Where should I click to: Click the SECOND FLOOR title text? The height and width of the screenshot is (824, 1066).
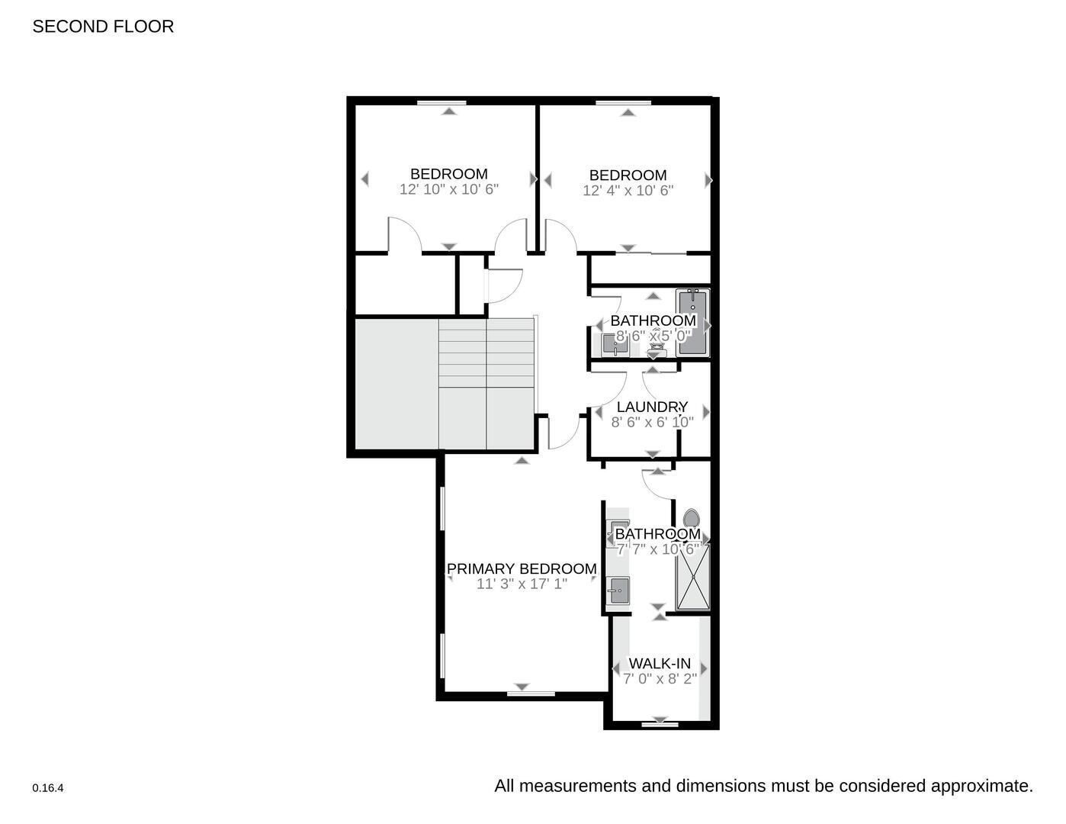tap(103, 27)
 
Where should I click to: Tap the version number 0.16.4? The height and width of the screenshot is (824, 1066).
tap(48, 788)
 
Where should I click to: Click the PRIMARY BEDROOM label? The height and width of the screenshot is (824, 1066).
tap(522, 568)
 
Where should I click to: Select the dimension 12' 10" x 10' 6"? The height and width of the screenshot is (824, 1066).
tap(448, 189)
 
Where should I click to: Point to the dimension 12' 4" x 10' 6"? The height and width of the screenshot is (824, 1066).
tap(628, 191)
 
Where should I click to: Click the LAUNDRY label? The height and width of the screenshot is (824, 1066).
tap(652, 407)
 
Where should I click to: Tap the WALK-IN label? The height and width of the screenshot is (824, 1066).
tap(660, 663)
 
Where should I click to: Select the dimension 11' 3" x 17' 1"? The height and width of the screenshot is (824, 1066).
tap(522, 584)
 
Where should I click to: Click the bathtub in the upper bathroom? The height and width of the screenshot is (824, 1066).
tap(692, 322)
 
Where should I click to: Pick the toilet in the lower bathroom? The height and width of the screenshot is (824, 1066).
tap(692, 519)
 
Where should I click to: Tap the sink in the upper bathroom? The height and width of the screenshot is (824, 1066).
tap(615, 346)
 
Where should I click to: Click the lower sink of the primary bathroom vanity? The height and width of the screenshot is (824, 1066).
tap(618, 591)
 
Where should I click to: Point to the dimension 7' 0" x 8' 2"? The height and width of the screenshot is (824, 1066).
tap(660, 678)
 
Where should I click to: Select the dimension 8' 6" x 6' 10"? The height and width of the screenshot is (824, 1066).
tap(652, 422)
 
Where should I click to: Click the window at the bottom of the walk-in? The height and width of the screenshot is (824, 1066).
tap(660, 725)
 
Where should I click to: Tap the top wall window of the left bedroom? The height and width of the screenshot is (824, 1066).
tap(449, 101)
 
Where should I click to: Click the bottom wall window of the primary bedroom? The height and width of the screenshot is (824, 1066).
tap(531, 694)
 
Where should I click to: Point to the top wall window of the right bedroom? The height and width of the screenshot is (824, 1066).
tap(628, 101)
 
